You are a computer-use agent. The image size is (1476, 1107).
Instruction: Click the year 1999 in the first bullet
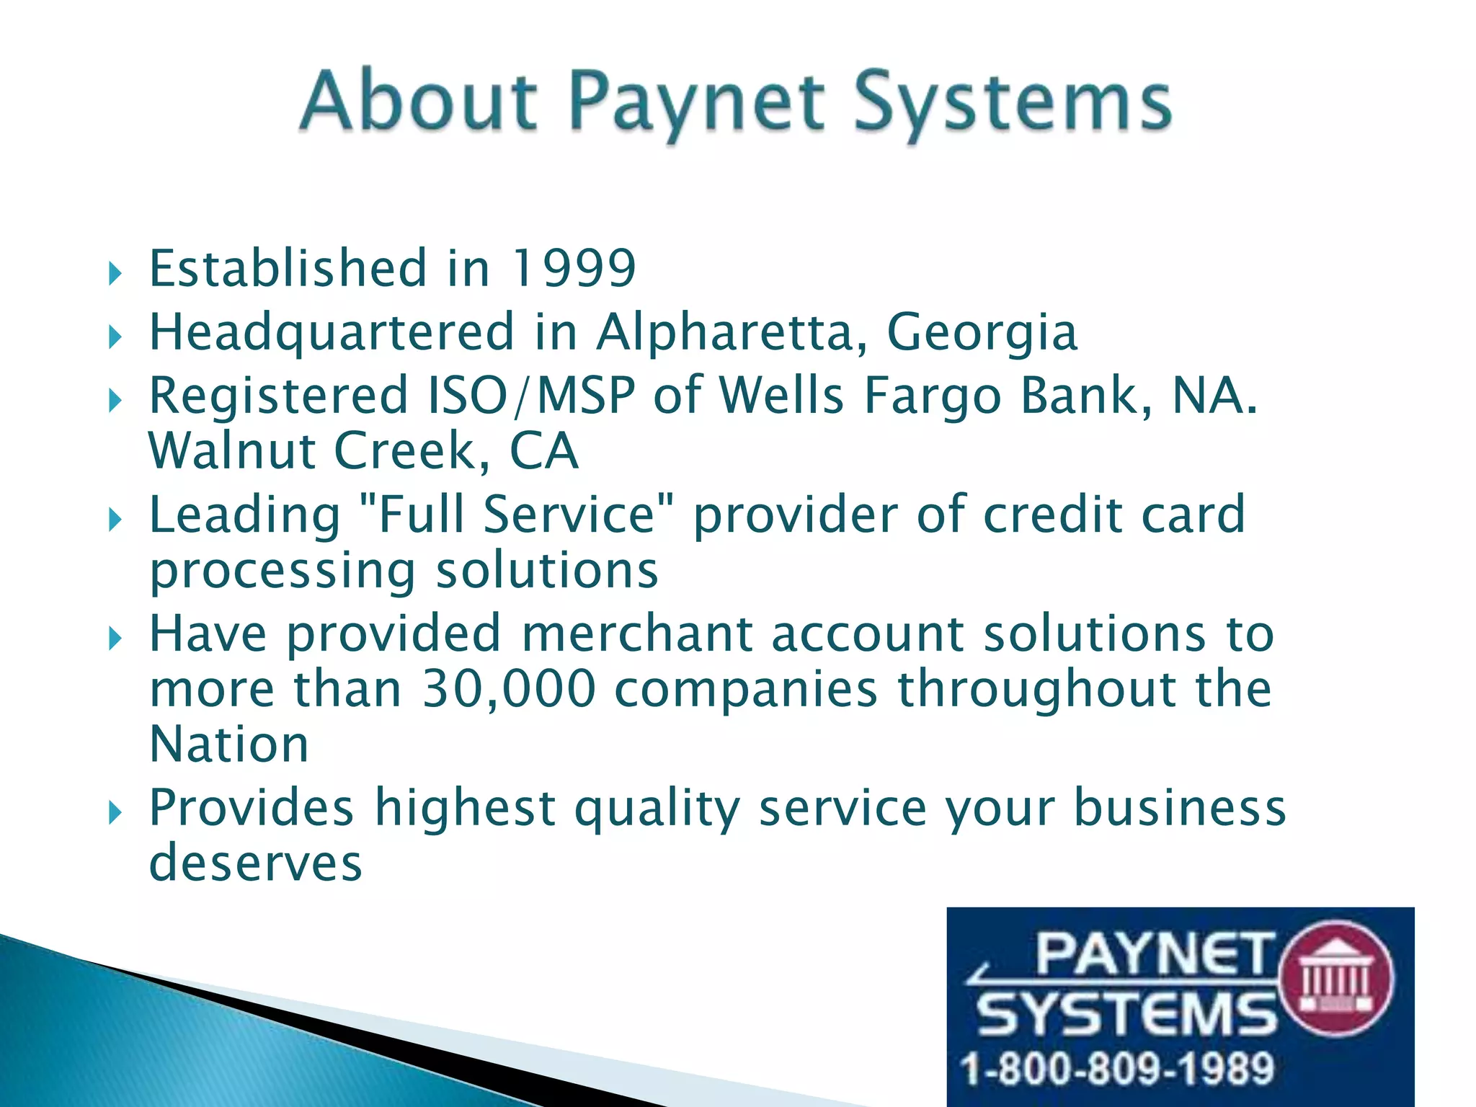pos(573,268)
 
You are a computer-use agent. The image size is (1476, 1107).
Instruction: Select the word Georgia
pos(982,332)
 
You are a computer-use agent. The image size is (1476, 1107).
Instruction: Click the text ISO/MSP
pos(532,396)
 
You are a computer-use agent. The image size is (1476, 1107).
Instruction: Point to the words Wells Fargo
pos(861,396)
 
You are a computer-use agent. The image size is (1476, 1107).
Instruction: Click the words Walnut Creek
pos(311,451)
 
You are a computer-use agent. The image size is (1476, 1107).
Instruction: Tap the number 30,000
pos(509,688)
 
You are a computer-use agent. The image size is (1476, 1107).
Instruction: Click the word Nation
pos(229,744)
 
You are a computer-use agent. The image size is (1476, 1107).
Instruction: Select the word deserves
pos(255,863)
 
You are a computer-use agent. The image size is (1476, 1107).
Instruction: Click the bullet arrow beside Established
pos(115,274)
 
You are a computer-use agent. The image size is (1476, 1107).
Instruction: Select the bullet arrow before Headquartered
pos(115,337)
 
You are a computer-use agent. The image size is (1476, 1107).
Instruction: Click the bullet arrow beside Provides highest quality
pos(115,813)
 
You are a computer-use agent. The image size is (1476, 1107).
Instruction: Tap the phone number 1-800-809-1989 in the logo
pos(1118,1068)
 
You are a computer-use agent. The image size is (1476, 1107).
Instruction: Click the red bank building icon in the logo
pos(1335,979)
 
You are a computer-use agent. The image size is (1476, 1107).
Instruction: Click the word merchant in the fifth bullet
pos(636,633)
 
